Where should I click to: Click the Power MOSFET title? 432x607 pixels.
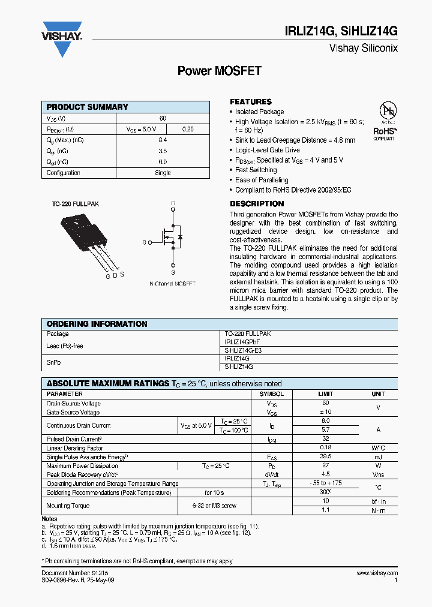coord(219,71)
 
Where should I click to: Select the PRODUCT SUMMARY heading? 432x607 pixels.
coord(87,107)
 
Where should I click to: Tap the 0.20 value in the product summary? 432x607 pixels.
coord(188,129)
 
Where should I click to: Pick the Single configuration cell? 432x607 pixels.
coord(163,173)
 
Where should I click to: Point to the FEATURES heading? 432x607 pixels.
coord(250,102)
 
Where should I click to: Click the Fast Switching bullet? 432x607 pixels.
coord(256,170)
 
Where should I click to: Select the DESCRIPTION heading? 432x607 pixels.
coord(257,204)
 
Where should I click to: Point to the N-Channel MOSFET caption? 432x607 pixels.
coord(172,283)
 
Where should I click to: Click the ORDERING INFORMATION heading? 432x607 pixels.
coord(97,324)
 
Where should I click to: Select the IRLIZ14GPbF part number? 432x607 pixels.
coord(242,341)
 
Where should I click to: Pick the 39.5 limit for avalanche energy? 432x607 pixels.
coord(325,456)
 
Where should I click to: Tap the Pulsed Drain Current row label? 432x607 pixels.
coord(74,439)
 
